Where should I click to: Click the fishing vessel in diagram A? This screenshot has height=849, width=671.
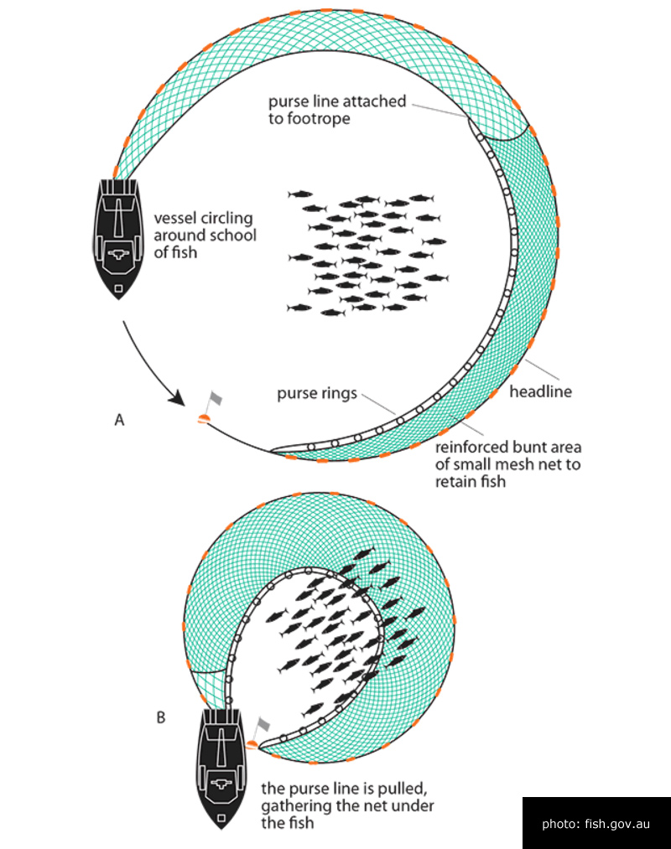[x=118, y=238]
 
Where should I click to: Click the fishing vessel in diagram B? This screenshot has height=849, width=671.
[x=221, y=768]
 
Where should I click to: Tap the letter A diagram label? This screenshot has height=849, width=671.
[x=119, y=420]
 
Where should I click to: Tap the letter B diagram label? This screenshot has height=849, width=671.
[x=161, y=717]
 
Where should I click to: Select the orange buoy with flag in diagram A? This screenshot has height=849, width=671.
[x=209, y=409]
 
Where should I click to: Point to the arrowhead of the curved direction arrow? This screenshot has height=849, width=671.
[x=178, y=398]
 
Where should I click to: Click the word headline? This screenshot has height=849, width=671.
[x=540, y=391]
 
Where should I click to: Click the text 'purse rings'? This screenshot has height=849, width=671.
[x=317, y=394]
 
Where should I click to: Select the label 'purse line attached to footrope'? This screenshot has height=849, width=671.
[x=337, y=110]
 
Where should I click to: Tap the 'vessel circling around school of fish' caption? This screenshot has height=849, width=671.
[x=205, y=236]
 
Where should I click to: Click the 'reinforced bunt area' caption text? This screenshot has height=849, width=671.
[x=507, y=448]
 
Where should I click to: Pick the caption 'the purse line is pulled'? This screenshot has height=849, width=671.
[x=344, y=789]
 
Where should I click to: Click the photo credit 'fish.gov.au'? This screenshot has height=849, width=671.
[x=617, y=824]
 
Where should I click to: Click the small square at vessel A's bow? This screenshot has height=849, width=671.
[x=119, y=288]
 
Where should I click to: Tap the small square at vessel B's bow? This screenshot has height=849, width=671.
[x=221, y=818]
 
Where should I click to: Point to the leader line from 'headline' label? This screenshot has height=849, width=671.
[x=542, y=370]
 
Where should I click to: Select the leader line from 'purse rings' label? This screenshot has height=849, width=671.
[x=379, y=405]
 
